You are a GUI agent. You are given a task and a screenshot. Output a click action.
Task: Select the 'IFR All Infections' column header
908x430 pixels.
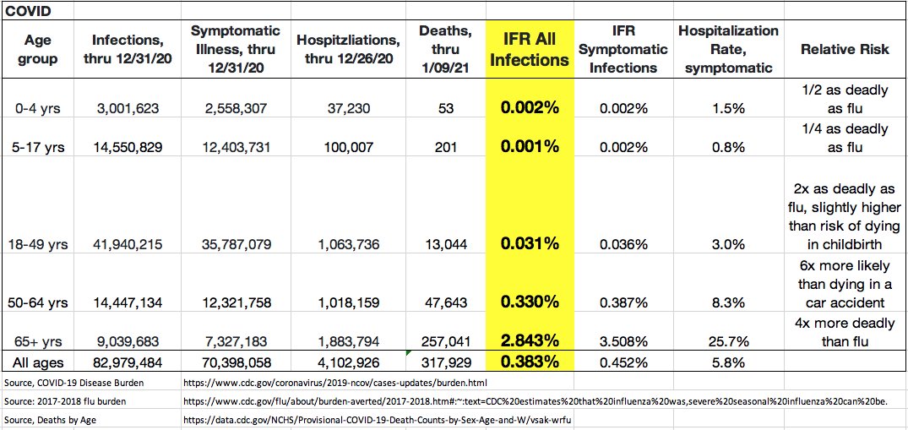tap(530, 49)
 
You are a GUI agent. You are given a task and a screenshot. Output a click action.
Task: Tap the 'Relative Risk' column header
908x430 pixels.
tap(844, 49)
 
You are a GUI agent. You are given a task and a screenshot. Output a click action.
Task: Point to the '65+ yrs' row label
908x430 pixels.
tap(37, 342)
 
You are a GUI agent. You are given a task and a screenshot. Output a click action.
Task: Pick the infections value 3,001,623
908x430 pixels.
tap(122, 109)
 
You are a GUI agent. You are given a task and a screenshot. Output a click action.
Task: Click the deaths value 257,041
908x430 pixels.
tap(447, 342)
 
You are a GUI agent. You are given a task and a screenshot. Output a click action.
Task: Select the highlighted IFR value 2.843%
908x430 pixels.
tap(530, 341)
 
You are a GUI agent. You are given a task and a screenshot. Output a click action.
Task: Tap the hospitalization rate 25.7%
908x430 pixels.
tap(727, 342)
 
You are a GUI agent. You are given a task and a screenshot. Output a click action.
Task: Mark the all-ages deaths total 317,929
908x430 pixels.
tap(447, 363)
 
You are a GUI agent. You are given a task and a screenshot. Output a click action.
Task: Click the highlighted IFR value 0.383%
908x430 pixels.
tap(530, 362)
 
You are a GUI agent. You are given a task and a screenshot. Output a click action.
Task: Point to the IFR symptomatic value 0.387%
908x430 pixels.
tap(623, 302)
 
